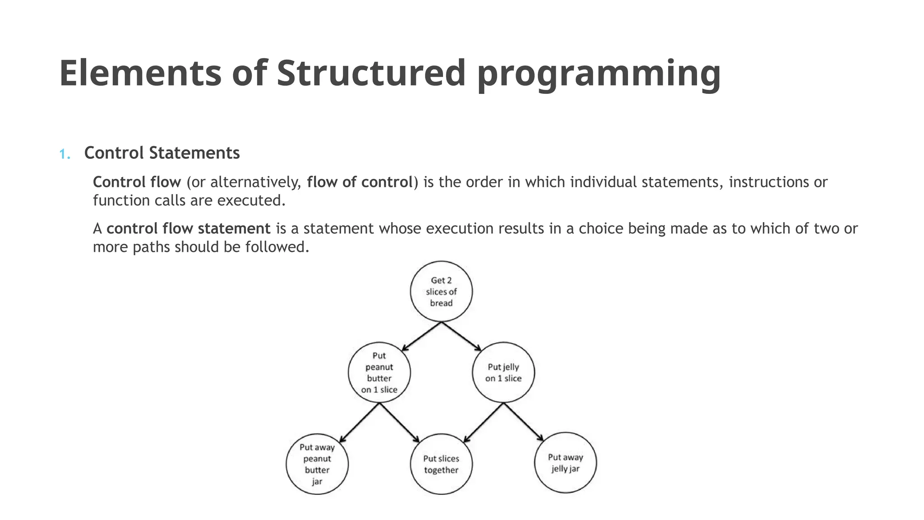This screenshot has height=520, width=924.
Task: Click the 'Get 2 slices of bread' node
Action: coord(441,292)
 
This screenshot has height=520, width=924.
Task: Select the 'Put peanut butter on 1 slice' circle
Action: coord(379,373)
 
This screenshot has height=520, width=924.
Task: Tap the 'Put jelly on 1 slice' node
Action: coord(503,373)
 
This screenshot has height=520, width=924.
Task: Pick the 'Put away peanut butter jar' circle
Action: coord(317,464)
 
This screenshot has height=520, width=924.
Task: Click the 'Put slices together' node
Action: coord(441,464)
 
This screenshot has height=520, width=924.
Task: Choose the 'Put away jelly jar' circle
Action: coord(565,463)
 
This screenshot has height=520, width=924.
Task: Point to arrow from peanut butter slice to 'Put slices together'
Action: coord(399,423)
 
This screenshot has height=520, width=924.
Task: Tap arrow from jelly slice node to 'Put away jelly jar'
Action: coord(523,422)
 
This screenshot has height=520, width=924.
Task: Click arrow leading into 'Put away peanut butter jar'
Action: coord(359,423)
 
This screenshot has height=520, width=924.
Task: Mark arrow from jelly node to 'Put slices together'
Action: coord(483,423)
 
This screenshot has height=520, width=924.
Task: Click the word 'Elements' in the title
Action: coord(140,73)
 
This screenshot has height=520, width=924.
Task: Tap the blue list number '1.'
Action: coord(65,154)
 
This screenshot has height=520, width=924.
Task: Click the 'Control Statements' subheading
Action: coord(162,153)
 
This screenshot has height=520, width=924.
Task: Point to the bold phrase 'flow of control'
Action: coord(360,182)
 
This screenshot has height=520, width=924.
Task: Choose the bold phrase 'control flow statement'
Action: coord(188,229)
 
